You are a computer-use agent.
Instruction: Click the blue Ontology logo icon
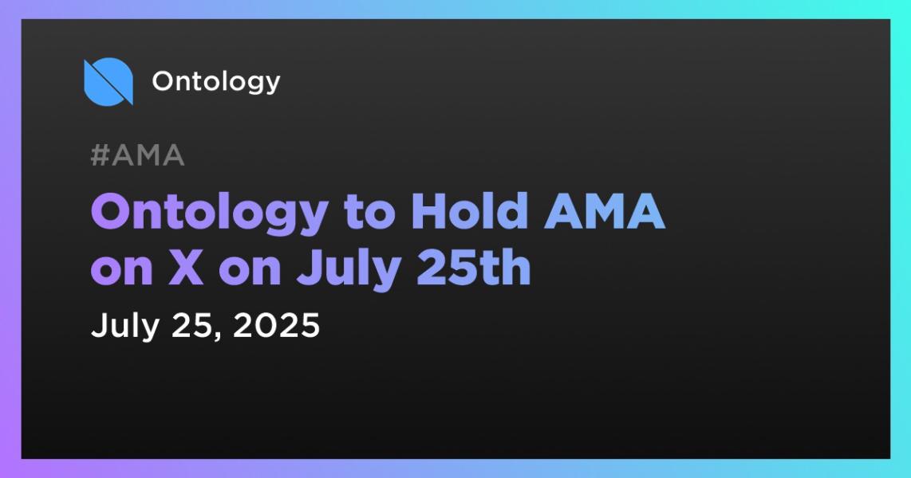pyautogui.click(x=108, y=81)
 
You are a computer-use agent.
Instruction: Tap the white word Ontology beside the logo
pyautogui.click(x=215, y=82)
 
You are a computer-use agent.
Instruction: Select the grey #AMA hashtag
pyautogui.click(x=138, y=155)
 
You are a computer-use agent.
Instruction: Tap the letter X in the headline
pyautogui.click(x=186, y=267)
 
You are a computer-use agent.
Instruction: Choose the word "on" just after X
pyautogui.click(x=250, y=272)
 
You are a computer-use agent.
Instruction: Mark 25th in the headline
pyautogui.click(x=474, y=267)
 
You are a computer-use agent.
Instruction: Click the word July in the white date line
pyautogui.click(x=125, y=327)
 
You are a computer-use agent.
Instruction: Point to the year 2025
pyautogui.click(x=277, y=325)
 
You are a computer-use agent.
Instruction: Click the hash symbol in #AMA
pyautogui.click(x=101, y=155)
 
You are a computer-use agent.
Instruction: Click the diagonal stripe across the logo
pyautogui.click(x=108, y=82)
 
